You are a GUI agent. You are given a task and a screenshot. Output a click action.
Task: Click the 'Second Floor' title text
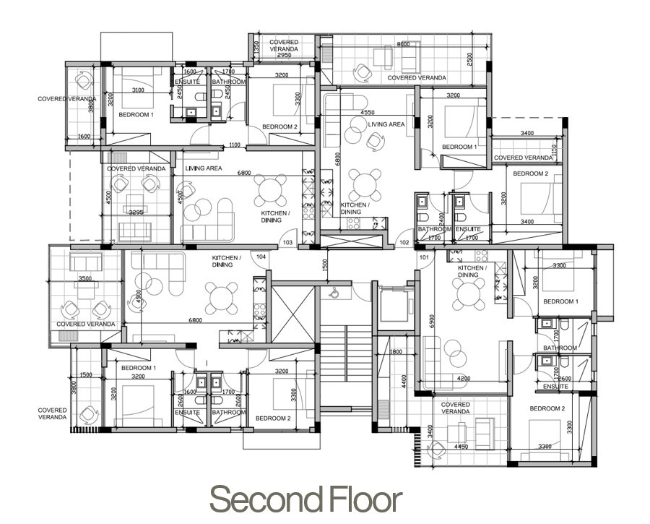coord(305,499)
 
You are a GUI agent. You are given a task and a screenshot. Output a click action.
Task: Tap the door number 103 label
coord(287,242)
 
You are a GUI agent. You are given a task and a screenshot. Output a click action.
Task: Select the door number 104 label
coord(261,257)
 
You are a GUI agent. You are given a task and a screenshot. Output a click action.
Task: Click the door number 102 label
coord(404,242)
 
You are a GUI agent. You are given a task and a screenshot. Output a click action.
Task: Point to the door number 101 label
coord(423,257)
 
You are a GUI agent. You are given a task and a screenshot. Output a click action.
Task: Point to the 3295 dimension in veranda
coord(137,212)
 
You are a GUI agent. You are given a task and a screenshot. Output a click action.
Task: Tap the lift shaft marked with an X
coord(292,314)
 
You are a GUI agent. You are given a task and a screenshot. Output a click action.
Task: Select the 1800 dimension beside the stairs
coord(395,352)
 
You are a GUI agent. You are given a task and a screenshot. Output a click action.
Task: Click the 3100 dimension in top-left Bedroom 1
coord(139,90)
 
